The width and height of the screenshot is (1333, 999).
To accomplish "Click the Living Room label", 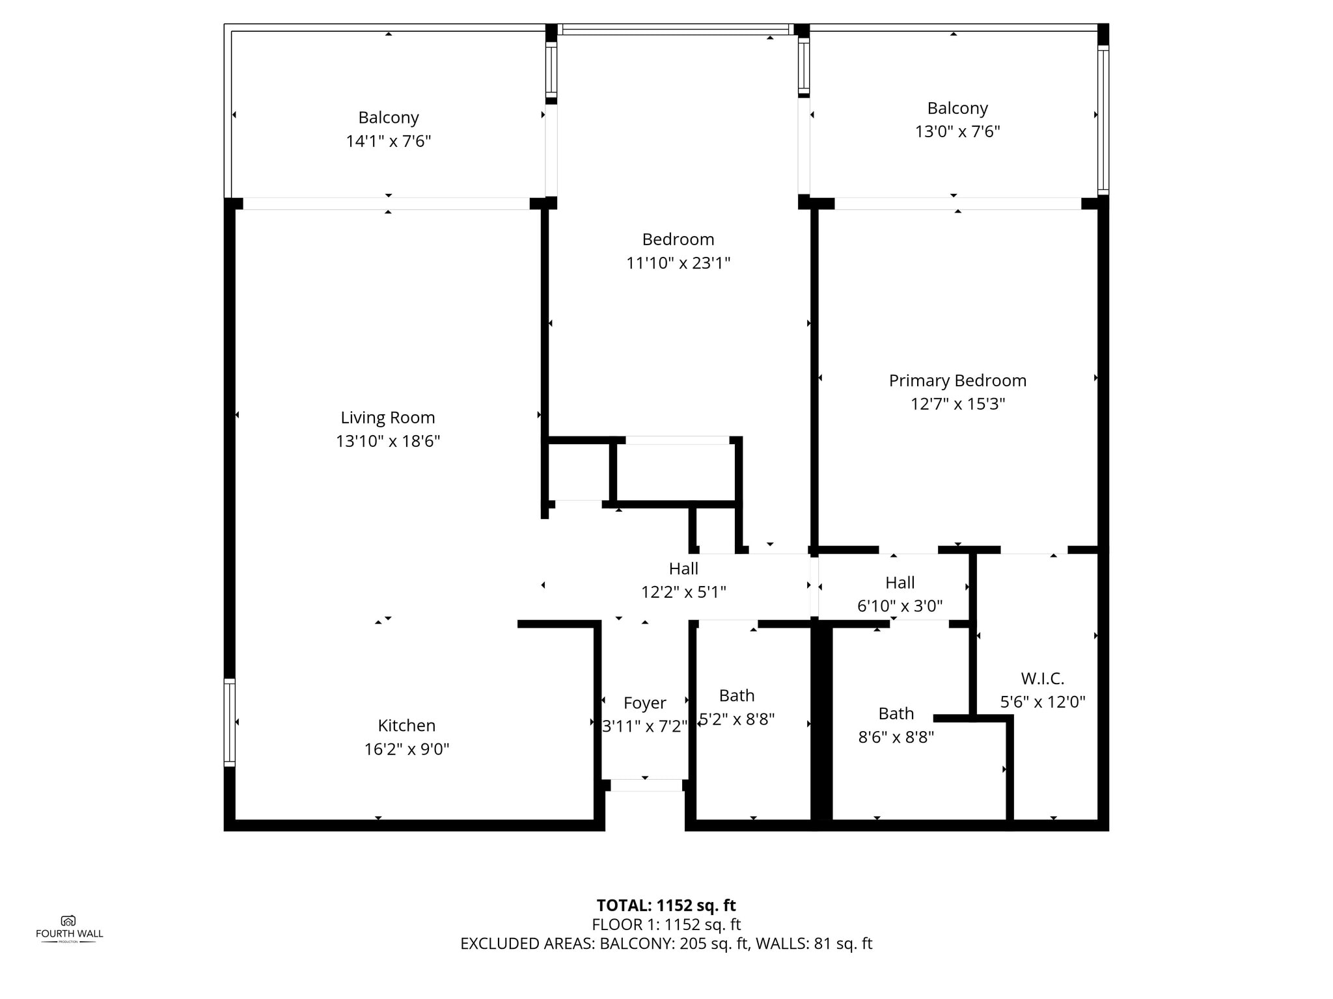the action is click(388, 418).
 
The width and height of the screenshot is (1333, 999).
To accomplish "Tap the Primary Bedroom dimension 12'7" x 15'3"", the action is click(957, 404).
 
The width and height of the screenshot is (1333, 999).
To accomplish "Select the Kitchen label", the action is click(407, 725).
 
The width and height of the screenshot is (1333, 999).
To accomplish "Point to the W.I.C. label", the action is click(1043, 678).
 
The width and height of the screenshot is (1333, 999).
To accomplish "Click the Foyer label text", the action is click(644, 703).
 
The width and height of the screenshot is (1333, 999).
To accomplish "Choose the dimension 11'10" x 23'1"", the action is click(678, 263).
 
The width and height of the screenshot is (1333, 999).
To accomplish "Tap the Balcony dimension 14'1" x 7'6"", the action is click(389, 141).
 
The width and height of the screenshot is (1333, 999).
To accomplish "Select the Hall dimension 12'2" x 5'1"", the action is click(683, 592).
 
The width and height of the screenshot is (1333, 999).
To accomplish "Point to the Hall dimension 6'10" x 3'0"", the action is click(900, 606).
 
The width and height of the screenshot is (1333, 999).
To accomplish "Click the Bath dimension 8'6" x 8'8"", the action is click(896, 737).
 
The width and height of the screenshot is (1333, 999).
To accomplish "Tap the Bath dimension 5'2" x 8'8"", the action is click(737, 719).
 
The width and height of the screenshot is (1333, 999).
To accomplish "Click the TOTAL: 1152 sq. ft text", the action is click(666, 905).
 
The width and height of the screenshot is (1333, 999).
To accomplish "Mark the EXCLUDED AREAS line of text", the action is click(666, 944).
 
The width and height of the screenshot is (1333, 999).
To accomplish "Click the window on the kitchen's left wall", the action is click(229, 722).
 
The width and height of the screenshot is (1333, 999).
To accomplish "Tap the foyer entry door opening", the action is click(645, 785).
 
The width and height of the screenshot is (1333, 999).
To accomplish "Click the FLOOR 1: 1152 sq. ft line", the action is click(666, 924).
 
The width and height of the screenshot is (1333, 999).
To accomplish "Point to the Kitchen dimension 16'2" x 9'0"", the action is click(407, 749).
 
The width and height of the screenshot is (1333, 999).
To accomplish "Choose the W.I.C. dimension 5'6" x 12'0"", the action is click(1043, 702).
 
